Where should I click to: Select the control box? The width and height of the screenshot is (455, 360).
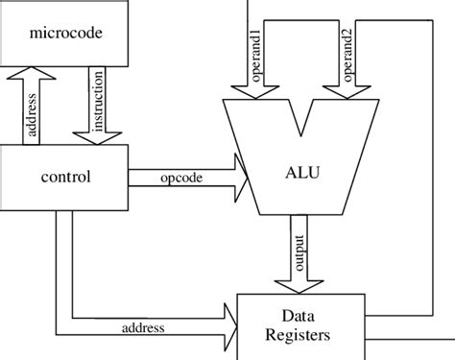tap(64, 177)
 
